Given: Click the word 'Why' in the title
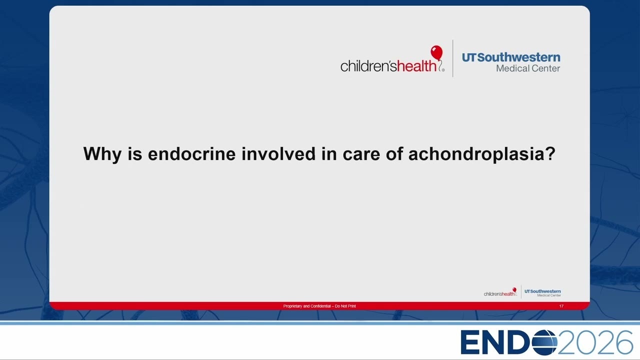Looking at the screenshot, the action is click(x=102, y=154).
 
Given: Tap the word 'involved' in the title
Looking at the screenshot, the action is click(x=278, y=153).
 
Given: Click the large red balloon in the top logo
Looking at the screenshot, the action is click(x=436, y=53).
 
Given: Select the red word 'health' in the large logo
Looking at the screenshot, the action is click(x=416, y=65).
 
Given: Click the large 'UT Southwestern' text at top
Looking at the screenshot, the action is click(x=511, y=57).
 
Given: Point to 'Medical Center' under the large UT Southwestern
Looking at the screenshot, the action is click(x=528, y=68).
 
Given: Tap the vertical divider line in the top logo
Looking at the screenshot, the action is click(x=453, y=58).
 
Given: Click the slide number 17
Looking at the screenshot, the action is click(x=561, y=306).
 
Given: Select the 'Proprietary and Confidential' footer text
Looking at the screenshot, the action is click(x=319, y=306).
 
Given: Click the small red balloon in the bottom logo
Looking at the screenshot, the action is click(x=514, y=289).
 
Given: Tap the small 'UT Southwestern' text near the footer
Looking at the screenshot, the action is click(x=542, y=291).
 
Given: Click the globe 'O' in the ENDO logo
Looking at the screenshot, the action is click(x=544, y=342).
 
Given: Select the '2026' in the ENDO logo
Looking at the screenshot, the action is click(x=595, y=342).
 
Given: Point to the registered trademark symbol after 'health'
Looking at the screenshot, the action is click(x=443, y=69).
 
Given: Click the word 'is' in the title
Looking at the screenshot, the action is click(x=135, y=153).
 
